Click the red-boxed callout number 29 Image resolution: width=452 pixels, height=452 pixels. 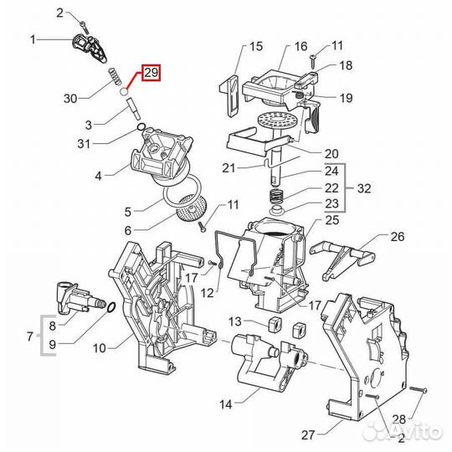tap(151, 73)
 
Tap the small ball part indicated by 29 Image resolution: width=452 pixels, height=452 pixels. tap(124, 91)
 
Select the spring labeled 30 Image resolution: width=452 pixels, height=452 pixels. tap(115, 76)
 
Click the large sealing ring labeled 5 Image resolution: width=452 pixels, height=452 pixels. tap(182, 192)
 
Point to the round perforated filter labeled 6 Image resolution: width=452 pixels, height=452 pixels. tap(189, 208)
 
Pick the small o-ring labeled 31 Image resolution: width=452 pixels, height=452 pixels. tap(141, 126)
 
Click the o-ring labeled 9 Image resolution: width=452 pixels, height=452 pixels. tap(112, 307)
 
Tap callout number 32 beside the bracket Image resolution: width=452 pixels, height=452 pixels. tap(364, 188)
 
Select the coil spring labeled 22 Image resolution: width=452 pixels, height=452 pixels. tap(277, 196)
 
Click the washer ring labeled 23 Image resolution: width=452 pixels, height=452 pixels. tap(277, 210)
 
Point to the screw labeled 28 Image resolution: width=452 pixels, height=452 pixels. tap(418, 389)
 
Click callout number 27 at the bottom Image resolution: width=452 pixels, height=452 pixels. tap(308, 434)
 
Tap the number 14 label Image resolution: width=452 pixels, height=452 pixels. tap(226, 404)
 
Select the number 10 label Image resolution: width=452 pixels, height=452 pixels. tap(100, 348)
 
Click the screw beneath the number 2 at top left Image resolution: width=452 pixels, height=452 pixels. tap(85, 28)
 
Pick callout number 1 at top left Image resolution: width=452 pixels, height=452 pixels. tap(33, 39)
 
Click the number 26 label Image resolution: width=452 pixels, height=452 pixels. tap(398, 237)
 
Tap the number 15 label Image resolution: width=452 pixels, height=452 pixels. tap(256, 46)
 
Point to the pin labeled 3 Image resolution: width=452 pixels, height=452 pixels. tap(133, 109)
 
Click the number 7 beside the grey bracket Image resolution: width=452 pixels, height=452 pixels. tap(30, 336)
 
